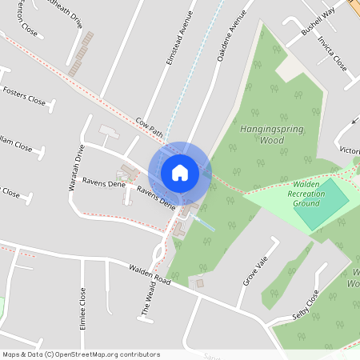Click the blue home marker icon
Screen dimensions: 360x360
tap(180, 172)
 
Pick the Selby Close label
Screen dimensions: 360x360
tap(306, 303)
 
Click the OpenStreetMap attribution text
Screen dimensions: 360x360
tap(80, 354)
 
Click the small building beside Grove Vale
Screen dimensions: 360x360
tap(200, 283)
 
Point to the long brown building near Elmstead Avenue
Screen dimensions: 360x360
tap(81, 54)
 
